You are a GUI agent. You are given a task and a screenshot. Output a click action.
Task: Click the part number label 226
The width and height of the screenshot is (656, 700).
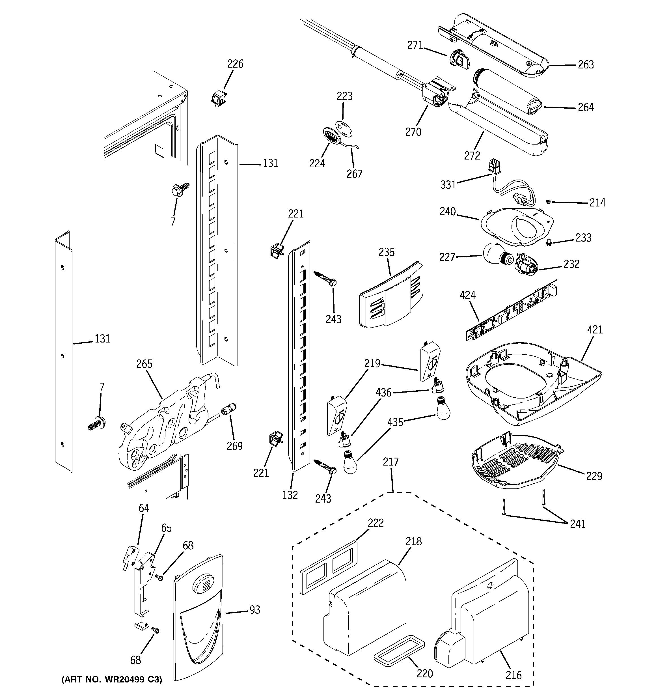tap(235, 64)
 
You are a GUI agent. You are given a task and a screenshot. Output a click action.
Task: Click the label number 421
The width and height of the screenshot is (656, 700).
tap(595, 330)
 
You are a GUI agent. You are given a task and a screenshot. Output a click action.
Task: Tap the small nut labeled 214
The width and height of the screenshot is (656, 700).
tap(548, 201)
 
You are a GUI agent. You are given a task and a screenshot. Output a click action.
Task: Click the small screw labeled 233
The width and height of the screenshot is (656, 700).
tap(549, 242)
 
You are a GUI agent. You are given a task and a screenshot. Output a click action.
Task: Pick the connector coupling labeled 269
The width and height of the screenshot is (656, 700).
tap(228, 411)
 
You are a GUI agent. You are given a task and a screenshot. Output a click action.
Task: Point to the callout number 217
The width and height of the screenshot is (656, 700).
tap(391, 462)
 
